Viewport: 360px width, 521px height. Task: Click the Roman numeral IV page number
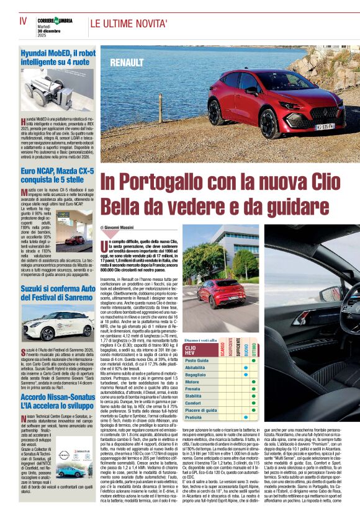point(23,20)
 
